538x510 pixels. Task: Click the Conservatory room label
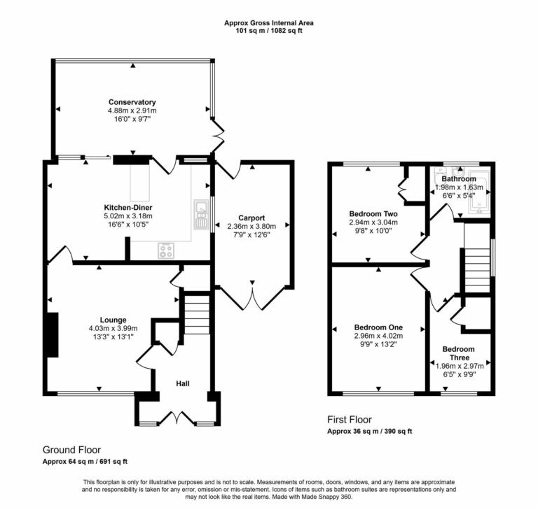(x=132, y=102)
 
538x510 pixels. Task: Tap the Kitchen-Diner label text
(x=128, y=208)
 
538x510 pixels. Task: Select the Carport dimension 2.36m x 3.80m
(x=251, y=226)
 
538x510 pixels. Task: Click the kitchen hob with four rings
(x=167, y=250)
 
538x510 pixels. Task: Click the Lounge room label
(x=113, y=320)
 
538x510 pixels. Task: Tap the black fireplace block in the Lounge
(x=51, y=335)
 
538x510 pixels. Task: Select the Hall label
(x=182, y=383)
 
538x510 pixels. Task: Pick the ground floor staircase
(x=197, y=315)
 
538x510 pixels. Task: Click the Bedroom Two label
(x=373, y=213)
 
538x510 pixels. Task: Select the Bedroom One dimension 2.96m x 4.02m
(x=378, y=336)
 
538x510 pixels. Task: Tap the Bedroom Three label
(x=458, y=353)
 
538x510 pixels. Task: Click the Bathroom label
(x=459, y=179)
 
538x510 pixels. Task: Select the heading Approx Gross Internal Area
(x=268, y=23)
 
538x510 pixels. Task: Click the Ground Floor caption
(x=71, y=449)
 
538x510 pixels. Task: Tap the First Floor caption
(x=349, y=420)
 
